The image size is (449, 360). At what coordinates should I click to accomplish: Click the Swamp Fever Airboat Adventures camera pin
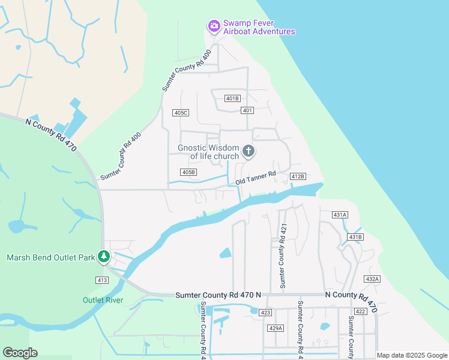pyautogui.click(x=214, y=26)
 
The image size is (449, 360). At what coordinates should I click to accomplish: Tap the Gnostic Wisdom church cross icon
pyautogui.click(x=248, y=151)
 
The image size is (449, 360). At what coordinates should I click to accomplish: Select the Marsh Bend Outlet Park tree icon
pyautogui.click(x=104, y=257)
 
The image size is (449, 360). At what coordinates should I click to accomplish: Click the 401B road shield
pyautogui.click(x=232, y=98)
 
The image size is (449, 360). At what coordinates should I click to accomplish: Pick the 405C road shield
pyautogui.click(x=181, y=113)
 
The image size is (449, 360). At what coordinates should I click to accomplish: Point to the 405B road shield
pyautogui.click(x=188, y=172)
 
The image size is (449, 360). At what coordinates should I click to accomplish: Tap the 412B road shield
pyautogui.click(x=298, y=176)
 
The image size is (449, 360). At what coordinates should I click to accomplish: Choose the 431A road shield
pyautogui.click(x=340, y=214)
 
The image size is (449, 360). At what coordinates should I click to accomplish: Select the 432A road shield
pyautogui.click(x=372, y=279)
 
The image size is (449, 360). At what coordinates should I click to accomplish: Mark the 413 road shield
pyautogui.click(x=101, y=280)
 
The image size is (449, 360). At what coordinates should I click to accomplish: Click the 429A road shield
pyautogui.click(x=276, y=328)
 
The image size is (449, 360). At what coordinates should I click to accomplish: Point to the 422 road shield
pyautogui.click(x=360, y=311)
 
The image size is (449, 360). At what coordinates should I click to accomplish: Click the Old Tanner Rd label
pyautogui.click(x=255, y=178)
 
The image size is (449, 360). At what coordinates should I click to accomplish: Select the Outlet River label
pyautogui.click(x=103, y=300)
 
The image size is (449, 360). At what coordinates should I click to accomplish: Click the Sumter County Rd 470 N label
pyautogui.click(x=218, y=295)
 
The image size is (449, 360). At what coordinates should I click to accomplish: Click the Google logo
pyautogui.click(x=20, y=353)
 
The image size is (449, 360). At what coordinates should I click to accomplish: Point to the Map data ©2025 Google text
pyautogui.click(x=412, y=355)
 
